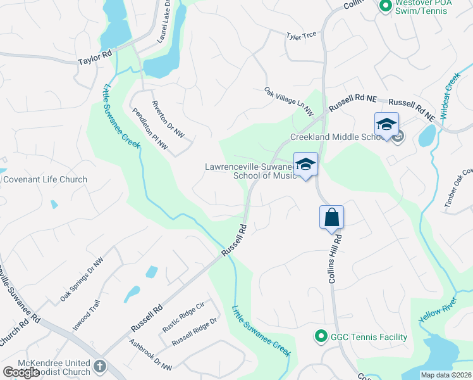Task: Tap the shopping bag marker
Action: pyautogui.click(x=332, y=218)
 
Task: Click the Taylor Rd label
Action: pyautogui.click(x=95, y=58)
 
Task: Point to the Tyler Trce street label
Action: pyautogui.click(x=301, y=36)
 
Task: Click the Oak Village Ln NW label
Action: pyautogui.click(x=289, y=101)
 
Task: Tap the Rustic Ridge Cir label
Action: pyautogui.click(x=183, y=315)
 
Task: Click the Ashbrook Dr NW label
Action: pyautogui.click(x=150, y=355)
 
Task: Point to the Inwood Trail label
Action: pyautogui.click(x=87, y=314)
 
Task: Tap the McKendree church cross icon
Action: pyautogui.click(x=101, y=367)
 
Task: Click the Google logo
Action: pyautogui.click(x=21, y=372)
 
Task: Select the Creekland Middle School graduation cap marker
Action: pyautogui.click(x=386, y=124)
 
